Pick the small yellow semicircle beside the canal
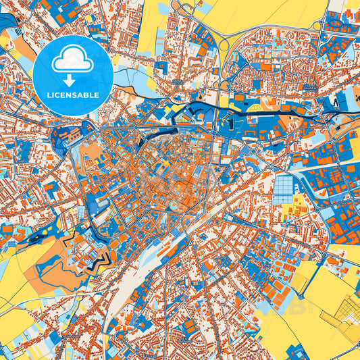pos(255,106)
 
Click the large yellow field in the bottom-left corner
pos(17,324)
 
